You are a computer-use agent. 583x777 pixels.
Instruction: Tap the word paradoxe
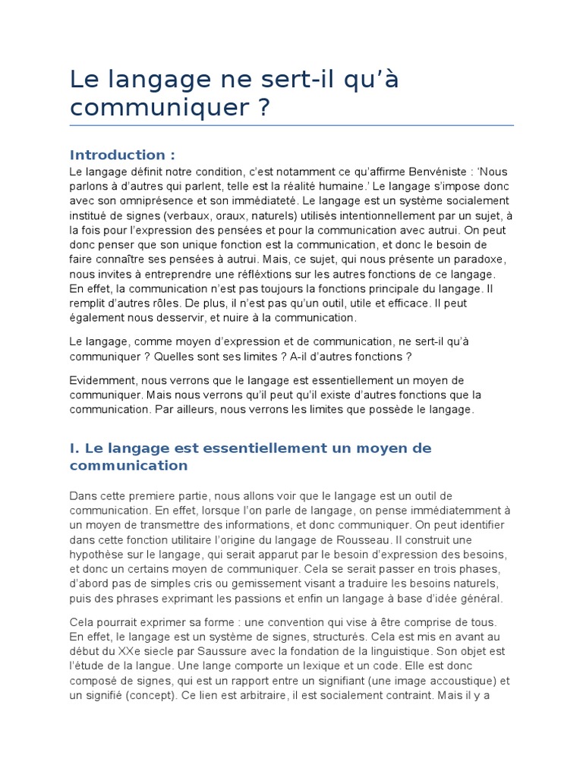coord(476,259)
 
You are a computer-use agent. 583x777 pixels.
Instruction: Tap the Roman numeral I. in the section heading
coord(74,448)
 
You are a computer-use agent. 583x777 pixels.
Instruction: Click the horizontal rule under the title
coord(291,125)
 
